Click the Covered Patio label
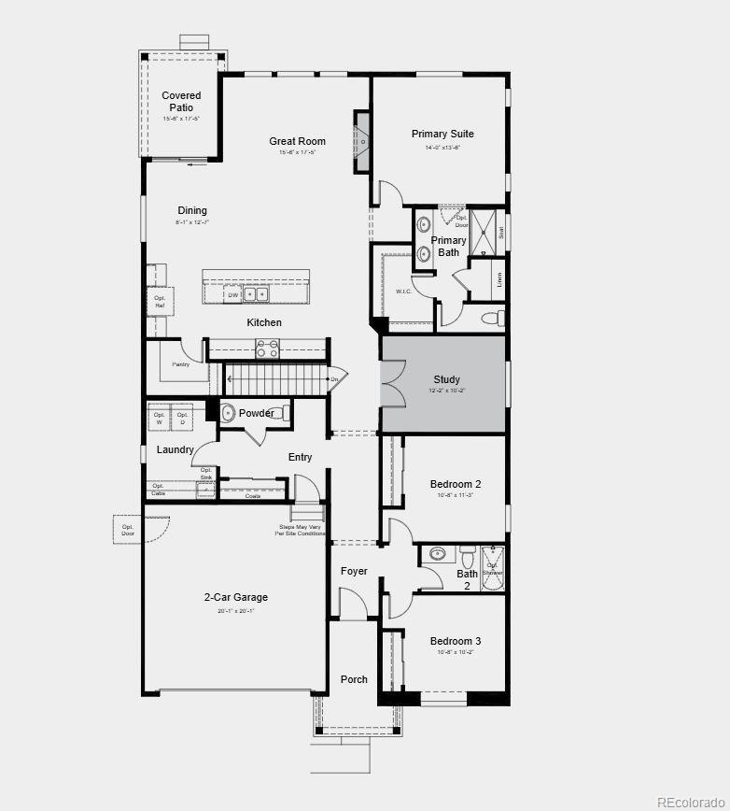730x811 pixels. click(181, 102)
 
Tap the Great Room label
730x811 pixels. click(297, 142)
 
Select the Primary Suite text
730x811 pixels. click(442, 135)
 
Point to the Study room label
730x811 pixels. click(446, 379)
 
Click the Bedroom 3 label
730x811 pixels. click(456, 641)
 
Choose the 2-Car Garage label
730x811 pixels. click(236, 597)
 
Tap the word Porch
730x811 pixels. click(354, 679)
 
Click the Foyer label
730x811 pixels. click(354, 571)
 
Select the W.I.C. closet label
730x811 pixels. click(404, 292)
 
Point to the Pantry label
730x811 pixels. click(180, 364)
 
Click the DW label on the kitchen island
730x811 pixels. click(232, 295)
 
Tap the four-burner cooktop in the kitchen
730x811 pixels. click(267, 349)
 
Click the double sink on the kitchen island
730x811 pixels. click(256, 294)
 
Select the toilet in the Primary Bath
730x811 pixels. click(492, 319)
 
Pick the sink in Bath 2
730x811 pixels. click(438, 554)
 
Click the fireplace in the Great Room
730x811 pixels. click(361, 142)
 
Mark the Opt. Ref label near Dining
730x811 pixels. click(159, 301)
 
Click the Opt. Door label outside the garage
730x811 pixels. click(128, 531)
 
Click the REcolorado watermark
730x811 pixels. click(690, 801)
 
